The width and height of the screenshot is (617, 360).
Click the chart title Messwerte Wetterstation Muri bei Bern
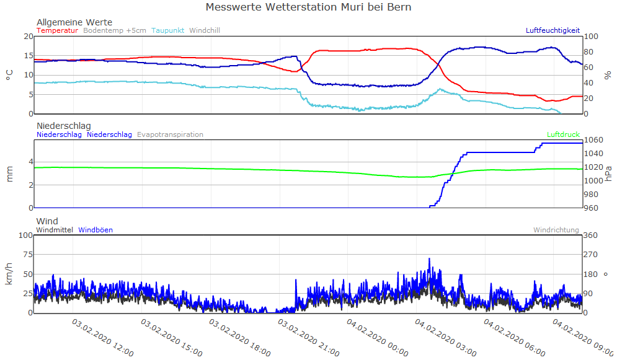click(308, 7)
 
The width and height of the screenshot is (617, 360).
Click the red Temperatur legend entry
click(57, 30)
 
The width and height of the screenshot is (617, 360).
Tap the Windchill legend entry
click(204, 30)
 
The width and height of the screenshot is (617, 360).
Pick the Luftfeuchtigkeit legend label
click(553, 30)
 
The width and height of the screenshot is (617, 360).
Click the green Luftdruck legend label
click(563, 134)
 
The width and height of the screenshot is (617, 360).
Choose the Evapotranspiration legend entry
click(170, 134)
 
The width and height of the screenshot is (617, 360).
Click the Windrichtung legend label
click(556, 230)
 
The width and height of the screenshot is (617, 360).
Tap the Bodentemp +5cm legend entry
click(115, 30)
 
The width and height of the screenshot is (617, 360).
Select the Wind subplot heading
click(47, 221)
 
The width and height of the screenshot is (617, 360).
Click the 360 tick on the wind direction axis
click(591, 235)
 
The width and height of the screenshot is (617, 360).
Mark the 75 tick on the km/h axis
click(25, 255)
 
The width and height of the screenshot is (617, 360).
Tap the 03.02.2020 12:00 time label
click(103, 337)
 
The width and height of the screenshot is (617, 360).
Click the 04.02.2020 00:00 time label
click(377, 337)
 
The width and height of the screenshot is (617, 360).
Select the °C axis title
click(9, 75)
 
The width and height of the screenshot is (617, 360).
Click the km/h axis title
click(9, 274)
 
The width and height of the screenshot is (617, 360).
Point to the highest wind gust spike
click(429, 259)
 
